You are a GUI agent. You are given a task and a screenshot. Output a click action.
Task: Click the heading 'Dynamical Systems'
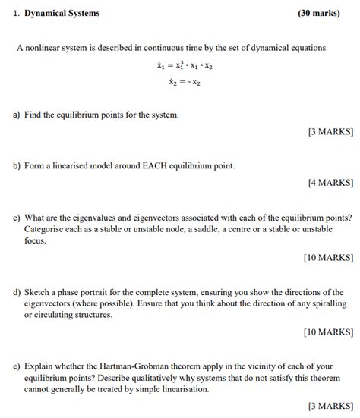pyautogui.click(x=62, y=13)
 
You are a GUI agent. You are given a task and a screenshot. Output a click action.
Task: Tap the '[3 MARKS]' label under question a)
pyautogui.click(x=330, y=131)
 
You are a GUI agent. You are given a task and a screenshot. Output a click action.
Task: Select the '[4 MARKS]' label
pyautogui.click(x=330, y=182)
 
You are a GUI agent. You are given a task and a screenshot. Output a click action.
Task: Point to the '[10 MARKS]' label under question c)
pyautogui.click(x=328, y=257)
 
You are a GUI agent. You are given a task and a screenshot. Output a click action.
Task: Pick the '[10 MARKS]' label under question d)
pyautogui.click(x=328, y=332)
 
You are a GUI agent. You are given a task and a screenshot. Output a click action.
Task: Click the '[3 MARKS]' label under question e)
pyautogui.click(x=330, y=405)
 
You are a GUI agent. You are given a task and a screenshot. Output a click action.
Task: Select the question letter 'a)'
pyautogui.click(x=16, y=115)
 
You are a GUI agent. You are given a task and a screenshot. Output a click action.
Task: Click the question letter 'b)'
pyautogui.click(x=16, y=165)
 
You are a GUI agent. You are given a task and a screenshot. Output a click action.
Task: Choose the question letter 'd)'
pyautogui.click(x=16, y=291)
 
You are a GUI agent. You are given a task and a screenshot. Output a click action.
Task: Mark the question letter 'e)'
pyautogui.click(x=16, y=365)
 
